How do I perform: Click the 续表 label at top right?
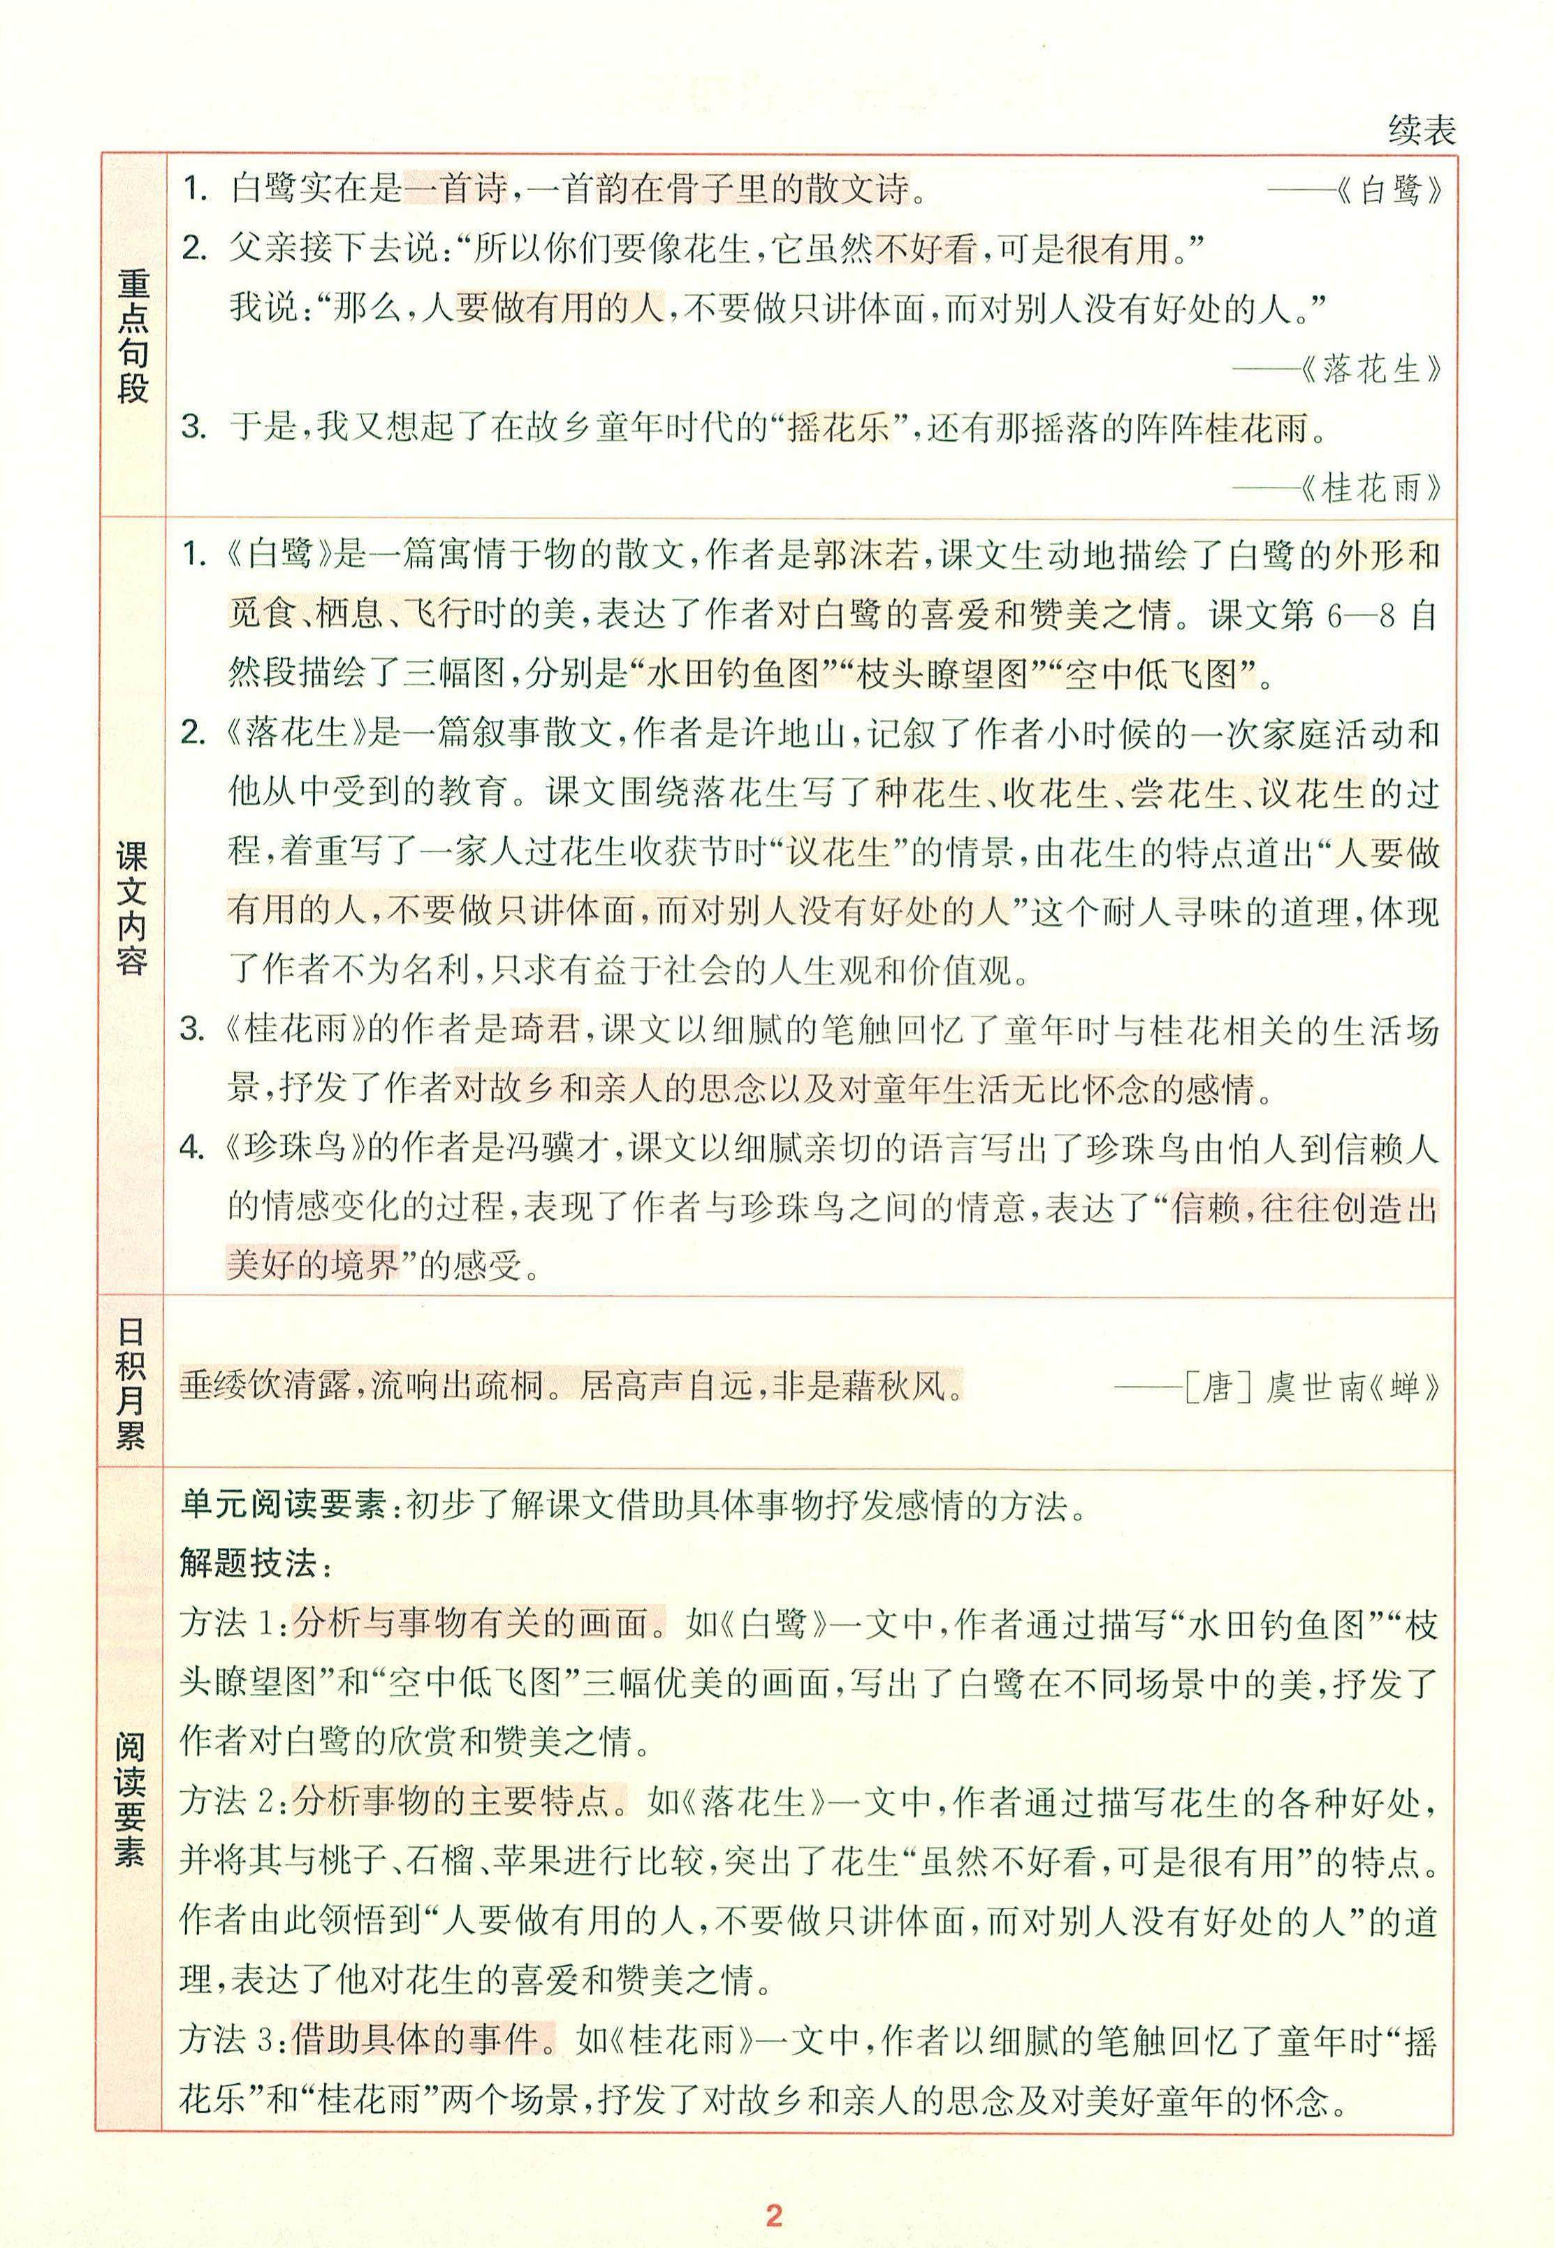click(1422, 131)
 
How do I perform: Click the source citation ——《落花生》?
click(1337, 370)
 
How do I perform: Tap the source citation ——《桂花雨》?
click(1337, 487)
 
